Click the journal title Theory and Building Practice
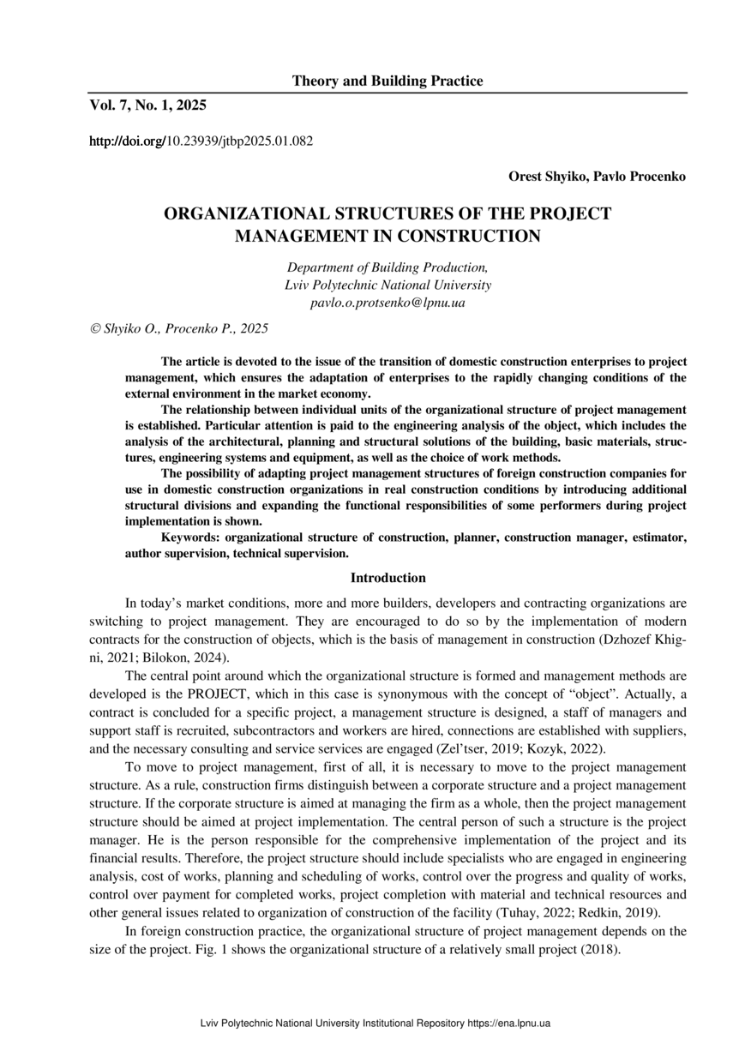click(x=388, y=81)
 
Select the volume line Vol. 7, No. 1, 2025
click(x=148, y=105)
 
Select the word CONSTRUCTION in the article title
click(x=468, y=236)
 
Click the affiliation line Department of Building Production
click(x=388, y=267)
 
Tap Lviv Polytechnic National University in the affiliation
click(x=388, y=285)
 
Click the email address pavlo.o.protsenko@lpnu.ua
click(x=388, y=302)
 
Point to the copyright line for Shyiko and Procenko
click(x=179, y=327)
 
